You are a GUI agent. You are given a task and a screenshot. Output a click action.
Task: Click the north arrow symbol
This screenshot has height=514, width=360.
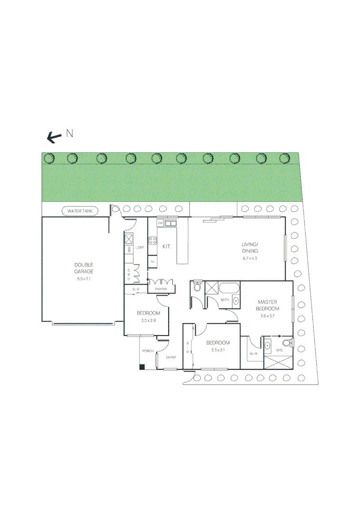tap(54, 138)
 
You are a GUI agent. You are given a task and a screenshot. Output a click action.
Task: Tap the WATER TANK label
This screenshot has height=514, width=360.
tap(80, 210)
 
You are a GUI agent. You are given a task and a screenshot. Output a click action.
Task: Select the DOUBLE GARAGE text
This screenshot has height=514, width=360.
tap(84, 268)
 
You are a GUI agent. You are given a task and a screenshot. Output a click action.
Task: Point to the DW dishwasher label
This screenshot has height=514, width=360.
tap(160, 223)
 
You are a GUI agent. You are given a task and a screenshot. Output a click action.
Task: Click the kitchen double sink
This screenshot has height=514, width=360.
tap(171, 223)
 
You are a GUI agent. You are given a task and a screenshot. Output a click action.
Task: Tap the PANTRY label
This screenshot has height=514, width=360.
tap(161, 289)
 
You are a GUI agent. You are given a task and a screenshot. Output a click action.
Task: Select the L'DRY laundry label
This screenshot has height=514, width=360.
tap(140, 248)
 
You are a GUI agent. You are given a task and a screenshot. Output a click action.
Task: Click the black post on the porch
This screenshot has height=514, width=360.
tap(142, 366)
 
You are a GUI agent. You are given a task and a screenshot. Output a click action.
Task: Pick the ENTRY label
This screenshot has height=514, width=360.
tap(171, 357)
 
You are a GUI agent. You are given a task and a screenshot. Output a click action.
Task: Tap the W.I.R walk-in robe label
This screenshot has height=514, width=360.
tap(253, 354)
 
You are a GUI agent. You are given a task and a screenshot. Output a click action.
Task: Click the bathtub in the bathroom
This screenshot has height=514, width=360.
tap(230, 288)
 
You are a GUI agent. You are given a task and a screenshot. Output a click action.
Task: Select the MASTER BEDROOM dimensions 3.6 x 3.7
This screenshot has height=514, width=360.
tap(268, 316)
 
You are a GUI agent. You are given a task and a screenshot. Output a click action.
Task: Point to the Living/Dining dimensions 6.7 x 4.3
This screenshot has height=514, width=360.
tap(250, 258)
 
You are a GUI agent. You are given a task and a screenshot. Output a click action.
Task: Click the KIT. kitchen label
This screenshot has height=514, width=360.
tap(167, 247)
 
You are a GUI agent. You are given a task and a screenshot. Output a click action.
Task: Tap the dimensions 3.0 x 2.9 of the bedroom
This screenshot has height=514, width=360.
tap(148, 321)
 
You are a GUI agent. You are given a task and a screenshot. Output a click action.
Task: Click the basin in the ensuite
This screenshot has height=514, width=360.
tap(268, 345)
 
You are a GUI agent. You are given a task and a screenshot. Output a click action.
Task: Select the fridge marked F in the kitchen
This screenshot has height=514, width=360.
tap(152, 260)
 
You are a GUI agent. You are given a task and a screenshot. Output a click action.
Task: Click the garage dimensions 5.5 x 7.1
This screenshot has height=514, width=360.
tap(84, 279)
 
